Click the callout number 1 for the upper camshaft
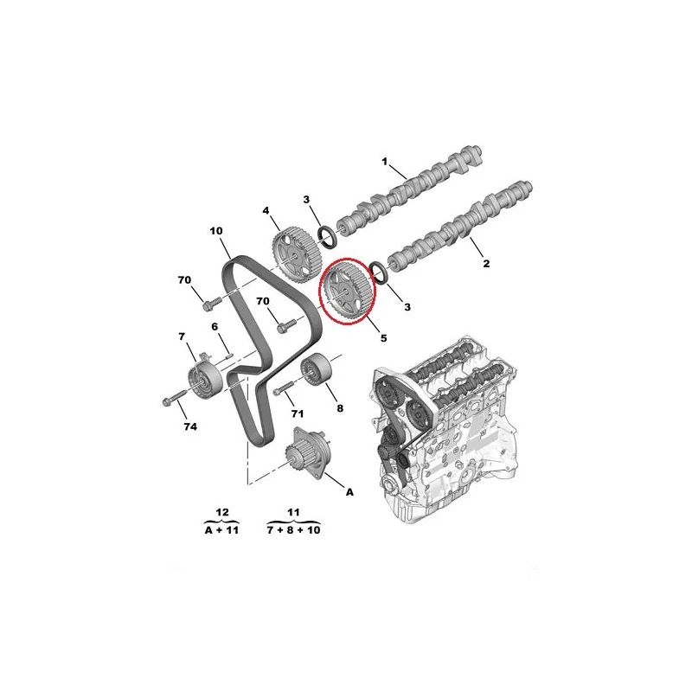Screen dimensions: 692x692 coord(384,162)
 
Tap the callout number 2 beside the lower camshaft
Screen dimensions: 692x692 coord(486,264)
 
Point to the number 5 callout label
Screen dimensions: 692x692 coord(383,338)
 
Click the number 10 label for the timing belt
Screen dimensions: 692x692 coord(216,231)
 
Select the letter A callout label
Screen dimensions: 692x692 coord(349,491)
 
